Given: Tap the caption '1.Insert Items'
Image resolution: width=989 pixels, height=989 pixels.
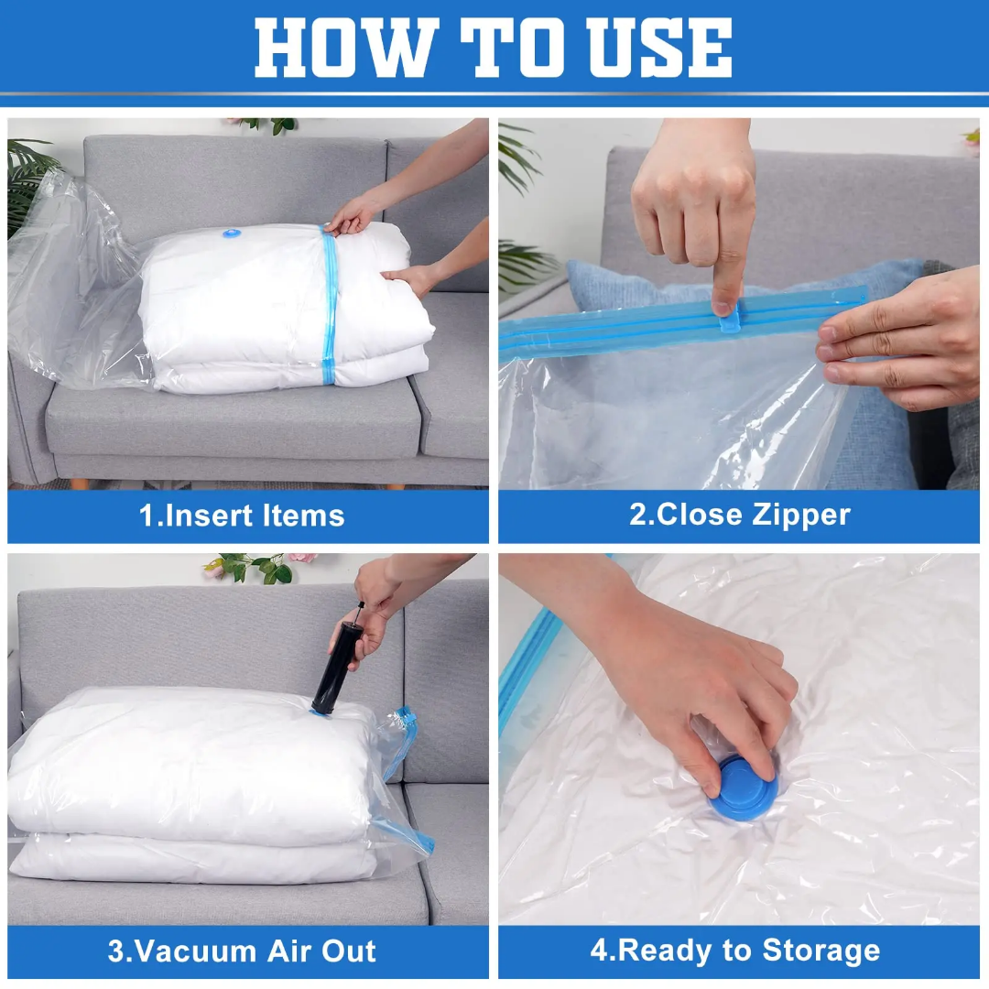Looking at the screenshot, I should point(242,516).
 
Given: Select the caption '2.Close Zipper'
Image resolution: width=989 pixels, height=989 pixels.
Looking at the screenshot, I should point(739,515).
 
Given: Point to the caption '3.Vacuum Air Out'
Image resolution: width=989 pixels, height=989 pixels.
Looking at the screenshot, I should point(242,950).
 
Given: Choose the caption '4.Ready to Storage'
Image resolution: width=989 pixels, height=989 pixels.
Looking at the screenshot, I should point(734,950).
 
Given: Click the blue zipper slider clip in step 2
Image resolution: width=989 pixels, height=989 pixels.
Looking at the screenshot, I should point(728,317).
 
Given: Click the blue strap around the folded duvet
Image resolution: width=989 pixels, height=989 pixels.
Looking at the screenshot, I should point(329,302).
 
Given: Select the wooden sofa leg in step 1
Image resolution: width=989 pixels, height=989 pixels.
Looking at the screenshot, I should point(80,483).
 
